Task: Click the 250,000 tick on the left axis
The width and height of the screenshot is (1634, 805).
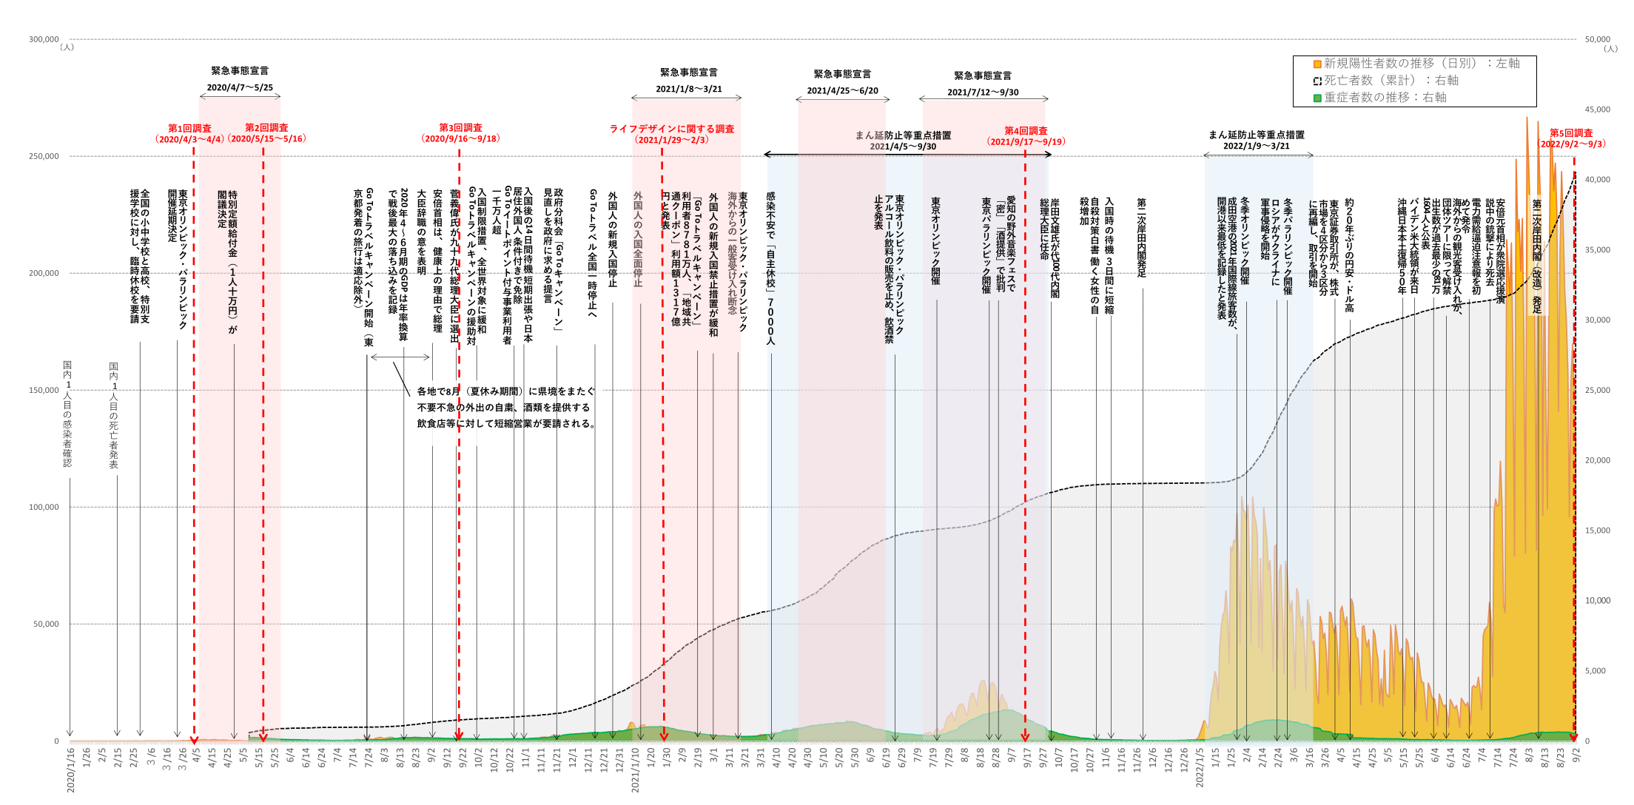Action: point(44,156)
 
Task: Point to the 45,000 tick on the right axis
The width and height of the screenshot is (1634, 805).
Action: point(1598,110)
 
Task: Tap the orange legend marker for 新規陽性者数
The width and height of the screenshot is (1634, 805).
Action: point(1317,64)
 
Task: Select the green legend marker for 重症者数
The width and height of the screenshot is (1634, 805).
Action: point(1317,98)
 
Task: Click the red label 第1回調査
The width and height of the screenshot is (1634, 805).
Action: point(189,129)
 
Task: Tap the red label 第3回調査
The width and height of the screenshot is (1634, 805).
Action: point(460,128)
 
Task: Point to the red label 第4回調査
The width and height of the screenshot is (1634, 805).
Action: point(1026,131)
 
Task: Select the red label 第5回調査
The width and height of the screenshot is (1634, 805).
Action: point(1571,133)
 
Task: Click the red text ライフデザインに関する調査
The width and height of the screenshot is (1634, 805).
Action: point(672,129)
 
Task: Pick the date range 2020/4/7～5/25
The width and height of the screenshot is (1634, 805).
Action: point(240,87)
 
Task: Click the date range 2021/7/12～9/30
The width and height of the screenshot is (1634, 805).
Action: point(983,92)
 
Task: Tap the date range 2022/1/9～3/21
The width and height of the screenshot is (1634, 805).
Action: point(1257,146)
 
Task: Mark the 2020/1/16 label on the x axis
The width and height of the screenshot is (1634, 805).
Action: point(71,770)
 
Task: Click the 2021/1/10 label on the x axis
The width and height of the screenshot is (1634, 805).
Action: point(635,770)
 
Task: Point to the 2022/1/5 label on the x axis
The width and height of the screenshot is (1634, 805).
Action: point(1200,769)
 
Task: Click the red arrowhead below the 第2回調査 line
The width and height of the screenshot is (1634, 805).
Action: point(263,738)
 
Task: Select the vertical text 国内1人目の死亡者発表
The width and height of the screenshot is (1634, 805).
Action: point(114,415)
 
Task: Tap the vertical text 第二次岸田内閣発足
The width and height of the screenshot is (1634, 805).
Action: point(1142,238)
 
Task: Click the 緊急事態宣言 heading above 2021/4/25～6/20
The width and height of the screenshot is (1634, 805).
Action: point(842,74)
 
